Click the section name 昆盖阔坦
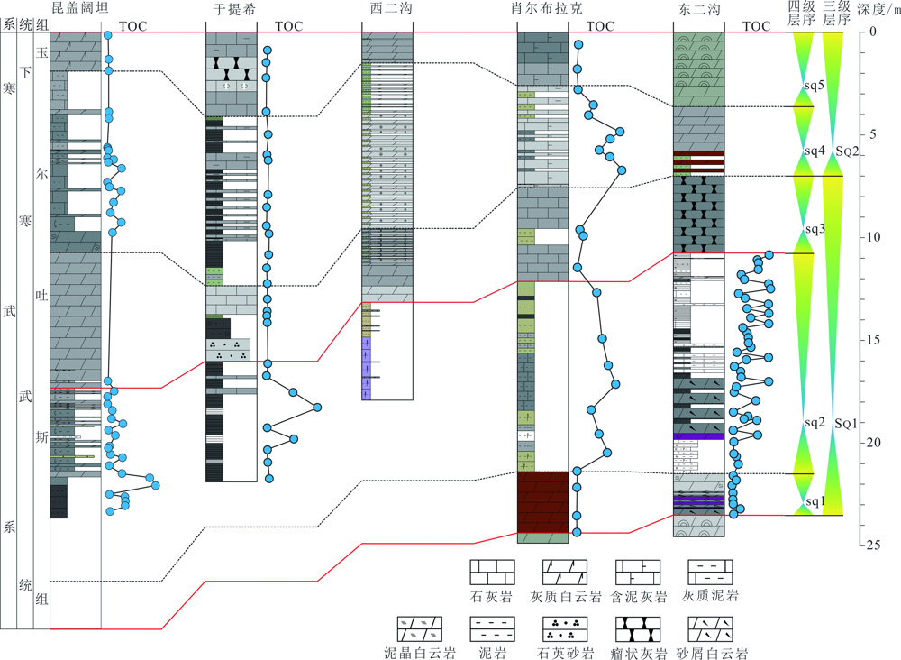coord(80,7)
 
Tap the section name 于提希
coord(234,9)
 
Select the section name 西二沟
coord(391,8)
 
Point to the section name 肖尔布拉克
coord(547,8)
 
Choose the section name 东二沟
coord(699,9)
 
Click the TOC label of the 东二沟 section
coord(756,26)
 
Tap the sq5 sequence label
coord(815,86)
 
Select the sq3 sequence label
coord(815,229)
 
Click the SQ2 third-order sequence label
coord(847,151)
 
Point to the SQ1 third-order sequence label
coord(846,424)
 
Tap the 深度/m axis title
coord(878,10)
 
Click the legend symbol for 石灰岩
coord(492,572)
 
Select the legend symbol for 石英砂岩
coord(565,629)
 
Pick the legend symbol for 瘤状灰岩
coord(638,629)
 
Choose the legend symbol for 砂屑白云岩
coord(711,629)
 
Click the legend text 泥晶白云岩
coord(420,653)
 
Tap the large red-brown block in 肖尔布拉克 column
coord(543,502)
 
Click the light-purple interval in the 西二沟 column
coord(367,368)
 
